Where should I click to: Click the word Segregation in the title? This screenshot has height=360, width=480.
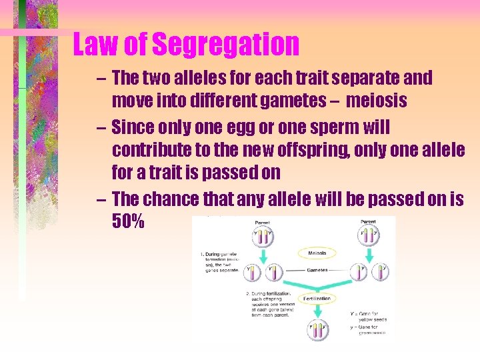pos(226,45)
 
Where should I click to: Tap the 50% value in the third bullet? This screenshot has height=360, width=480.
pos(129,221)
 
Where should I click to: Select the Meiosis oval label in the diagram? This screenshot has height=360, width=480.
pos(317,253)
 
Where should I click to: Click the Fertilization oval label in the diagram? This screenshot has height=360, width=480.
pos(316,299)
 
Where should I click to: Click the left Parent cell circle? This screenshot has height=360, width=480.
pos(263,237)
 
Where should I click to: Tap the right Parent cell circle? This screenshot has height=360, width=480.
pos(369,237)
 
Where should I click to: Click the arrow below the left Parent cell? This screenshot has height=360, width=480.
pos(263,256)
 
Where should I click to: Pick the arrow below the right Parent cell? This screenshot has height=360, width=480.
pos(369,256)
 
